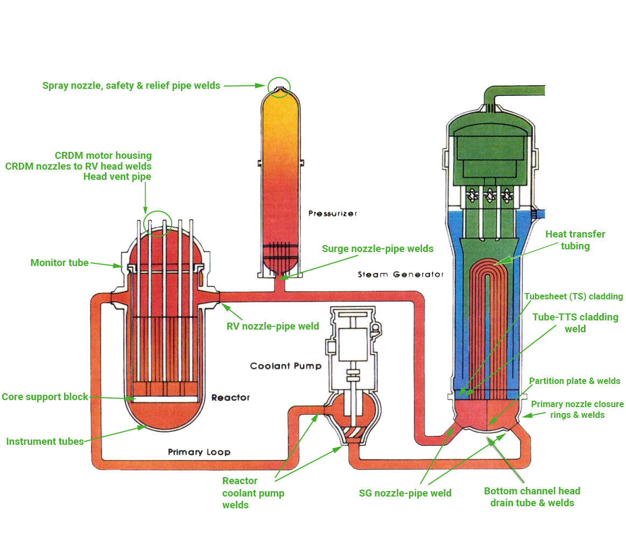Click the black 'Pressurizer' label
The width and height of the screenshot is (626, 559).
[332, 214]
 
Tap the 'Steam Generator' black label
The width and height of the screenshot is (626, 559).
[400, 275]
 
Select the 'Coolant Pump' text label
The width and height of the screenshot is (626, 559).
[285, 366]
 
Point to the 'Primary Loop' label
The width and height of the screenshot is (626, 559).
[199, 452]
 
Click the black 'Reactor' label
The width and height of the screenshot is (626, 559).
[230, 397]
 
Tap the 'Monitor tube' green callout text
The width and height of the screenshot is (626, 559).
[59, 263]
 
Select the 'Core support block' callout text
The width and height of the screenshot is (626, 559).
[45, 397]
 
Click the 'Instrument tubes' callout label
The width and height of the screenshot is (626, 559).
[45, 442]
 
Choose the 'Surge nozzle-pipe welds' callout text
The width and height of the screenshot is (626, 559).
[377, 248]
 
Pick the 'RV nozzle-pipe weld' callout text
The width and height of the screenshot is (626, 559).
[272, 326]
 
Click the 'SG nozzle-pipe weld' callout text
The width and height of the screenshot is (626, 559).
[405, 493]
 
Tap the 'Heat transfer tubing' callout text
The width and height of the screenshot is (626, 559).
[575, 240]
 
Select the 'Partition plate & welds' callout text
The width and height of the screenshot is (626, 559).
[574, 381]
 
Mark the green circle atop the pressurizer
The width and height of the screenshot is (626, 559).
[279, 87]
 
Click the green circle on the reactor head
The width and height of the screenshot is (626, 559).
[157, 223]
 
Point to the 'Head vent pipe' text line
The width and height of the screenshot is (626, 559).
[117, 177]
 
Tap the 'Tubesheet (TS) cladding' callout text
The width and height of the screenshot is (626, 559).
[573, 297]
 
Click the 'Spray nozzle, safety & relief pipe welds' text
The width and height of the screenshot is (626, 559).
[131, 86]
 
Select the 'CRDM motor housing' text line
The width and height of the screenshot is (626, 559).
[103, 156]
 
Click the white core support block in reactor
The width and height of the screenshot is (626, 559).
[165, 399]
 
